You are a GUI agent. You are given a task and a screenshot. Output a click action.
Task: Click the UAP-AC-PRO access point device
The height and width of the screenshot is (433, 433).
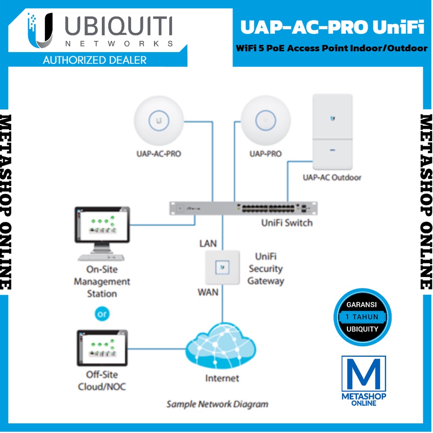coord(159,121)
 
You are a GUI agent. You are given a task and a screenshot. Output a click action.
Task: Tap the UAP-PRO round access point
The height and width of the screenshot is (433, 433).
coord(266,121)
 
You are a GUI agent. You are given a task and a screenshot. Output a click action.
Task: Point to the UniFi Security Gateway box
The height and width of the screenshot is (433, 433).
coord(222,267)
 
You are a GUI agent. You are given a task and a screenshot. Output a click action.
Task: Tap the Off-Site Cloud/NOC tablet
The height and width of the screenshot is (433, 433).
coord(102,348)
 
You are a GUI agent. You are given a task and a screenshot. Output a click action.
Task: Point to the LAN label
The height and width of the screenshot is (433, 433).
coord(208,243)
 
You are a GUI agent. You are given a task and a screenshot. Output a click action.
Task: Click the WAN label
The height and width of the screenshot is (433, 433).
coord(208,292)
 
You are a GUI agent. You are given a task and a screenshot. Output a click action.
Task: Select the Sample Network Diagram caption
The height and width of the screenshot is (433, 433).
coord(217,404)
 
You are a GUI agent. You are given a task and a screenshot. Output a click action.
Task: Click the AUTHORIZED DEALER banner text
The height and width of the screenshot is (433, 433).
coord(95,60)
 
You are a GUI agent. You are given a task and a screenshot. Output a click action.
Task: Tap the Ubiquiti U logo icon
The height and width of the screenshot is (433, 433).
coord(40,30)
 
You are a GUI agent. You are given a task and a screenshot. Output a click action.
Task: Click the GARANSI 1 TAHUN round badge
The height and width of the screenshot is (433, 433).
coord(362,317)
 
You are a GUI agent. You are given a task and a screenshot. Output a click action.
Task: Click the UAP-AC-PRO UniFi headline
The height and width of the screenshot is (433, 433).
coord(332,28)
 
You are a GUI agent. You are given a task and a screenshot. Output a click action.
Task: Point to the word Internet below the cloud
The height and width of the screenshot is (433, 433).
coord(222,378)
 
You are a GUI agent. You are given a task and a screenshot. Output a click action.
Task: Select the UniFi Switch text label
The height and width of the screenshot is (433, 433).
coord(287,223)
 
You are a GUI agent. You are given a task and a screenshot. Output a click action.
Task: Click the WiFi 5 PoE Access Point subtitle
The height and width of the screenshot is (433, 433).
coord(332,48)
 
